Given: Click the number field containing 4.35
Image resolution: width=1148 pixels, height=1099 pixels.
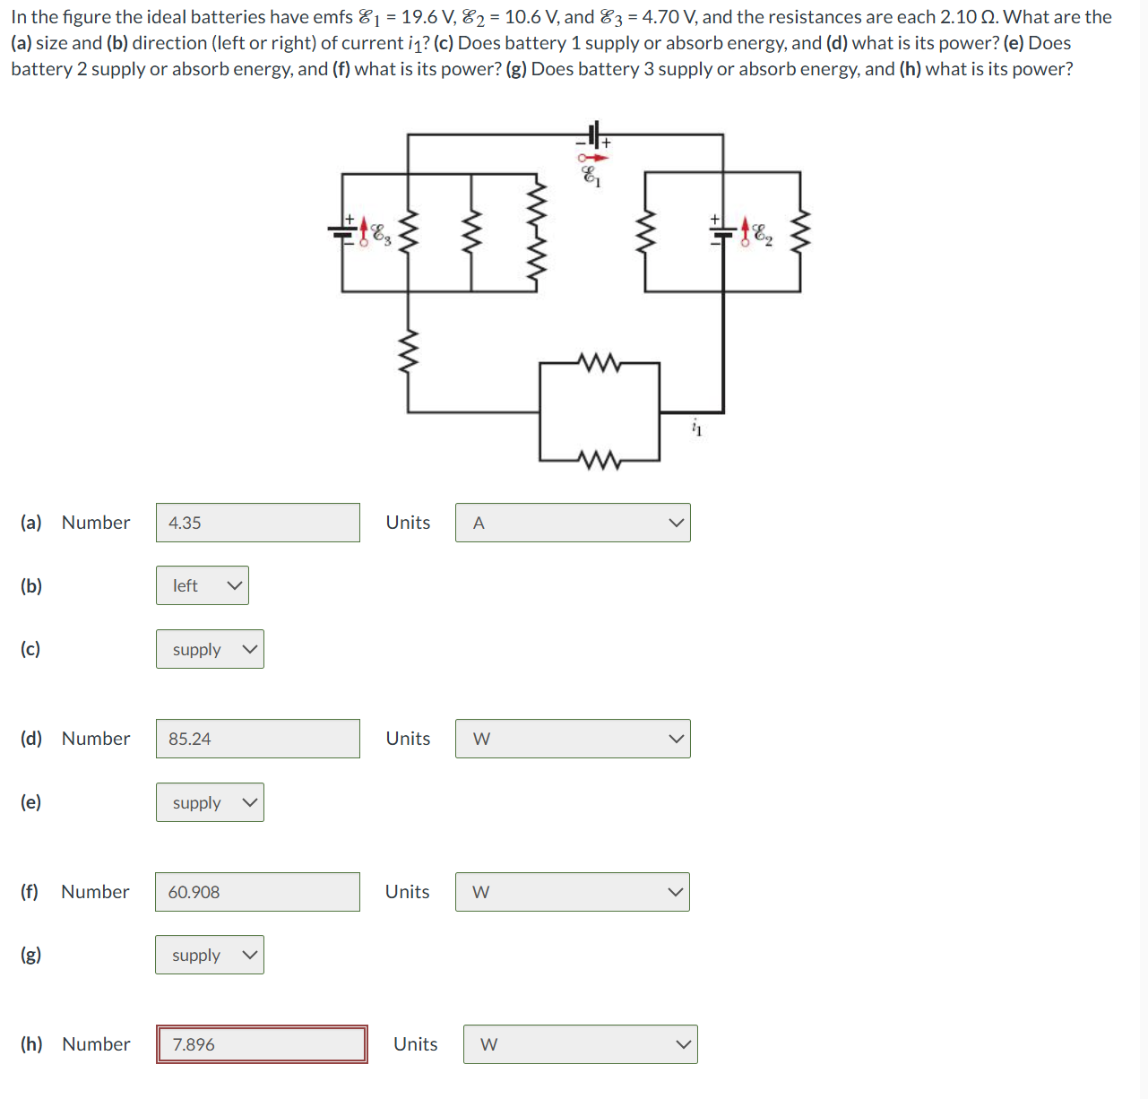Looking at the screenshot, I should pyautogui.click(x=257, y=523).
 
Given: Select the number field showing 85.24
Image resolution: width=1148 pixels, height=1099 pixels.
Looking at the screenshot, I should pyautogui.click(x=257, y=739).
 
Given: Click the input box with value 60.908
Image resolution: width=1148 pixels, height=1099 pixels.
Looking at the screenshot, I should pyautogui.click(x=257, y=892).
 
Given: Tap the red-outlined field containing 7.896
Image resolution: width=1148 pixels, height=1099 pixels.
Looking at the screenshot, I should pyautogui.click(x=262, y=1044).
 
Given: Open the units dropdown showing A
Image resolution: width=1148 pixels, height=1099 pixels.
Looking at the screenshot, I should pyautogui.click(x=573, y=523).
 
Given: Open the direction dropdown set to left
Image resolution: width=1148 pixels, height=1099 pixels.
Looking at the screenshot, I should pyautogui.click(x=203, y=585).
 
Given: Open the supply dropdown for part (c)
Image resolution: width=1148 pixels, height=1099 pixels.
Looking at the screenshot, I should pyautogui.click(x=210, y=649).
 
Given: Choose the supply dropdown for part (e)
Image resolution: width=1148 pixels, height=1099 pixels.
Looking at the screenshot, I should pyautogui.click(x=210, y=802).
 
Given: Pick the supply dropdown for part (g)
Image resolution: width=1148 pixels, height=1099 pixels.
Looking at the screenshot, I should pyautogui.click(x=210, y=955).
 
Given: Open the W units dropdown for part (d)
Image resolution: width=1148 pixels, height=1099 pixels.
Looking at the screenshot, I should pyautogui.click(x=573, y=739).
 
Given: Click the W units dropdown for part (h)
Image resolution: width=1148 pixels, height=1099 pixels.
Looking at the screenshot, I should pyautogui.click(x=580, y=1044).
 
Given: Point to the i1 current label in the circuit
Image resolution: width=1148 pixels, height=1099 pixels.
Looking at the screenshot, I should pyautogui.click(x=697, y=428).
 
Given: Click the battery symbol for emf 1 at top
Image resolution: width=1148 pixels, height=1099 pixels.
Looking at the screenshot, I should pyautogui.click(x=593, y=135).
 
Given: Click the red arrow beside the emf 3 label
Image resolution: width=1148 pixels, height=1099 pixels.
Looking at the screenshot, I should pyautogui.click(x=364, y=231).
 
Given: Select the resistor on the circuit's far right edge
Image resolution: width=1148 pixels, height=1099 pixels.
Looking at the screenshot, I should pyautogui.click(x=801, y=231).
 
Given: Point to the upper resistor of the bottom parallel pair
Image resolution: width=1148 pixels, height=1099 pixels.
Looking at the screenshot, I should pyautogui.click(x=600, y=363).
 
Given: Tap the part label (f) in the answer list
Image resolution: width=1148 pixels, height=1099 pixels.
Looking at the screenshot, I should pyautogui.click(x=30, y=892).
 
